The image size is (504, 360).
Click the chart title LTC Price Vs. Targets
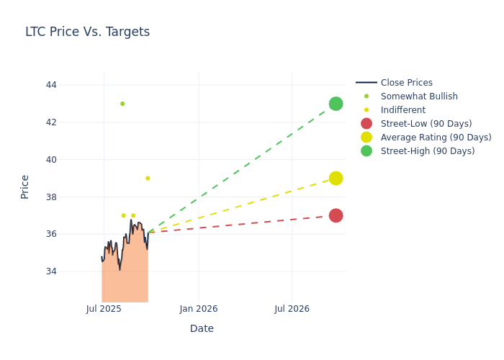coord(87,32)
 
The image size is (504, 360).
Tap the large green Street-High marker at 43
coord(336,104)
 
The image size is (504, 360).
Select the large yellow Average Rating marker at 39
coord(336,178)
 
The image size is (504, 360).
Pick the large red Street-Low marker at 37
coord(336,215)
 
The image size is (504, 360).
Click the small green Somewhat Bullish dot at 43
coord(122,104)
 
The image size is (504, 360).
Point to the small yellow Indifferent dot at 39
coord(148,178)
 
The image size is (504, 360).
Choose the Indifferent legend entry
coord(402,110)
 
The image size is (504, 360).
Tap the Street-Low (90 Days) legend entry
coord(426,124)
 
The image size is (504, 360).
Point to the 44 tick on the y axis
coord(51,85)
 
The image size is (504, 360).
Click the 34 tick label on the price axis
coord(51,271)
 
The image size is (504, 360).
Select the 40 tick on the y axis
coord(51,159)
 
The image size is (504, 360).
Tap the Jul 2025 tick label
coord(104,309)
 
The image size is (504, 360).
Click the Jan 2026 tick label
coord(199,309)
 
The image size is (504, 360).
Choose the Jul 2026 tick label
coord(292,309)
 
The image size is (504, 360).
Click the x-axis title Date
coord(202,328)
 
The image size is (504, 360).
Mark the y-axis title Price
coord(25,186)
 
